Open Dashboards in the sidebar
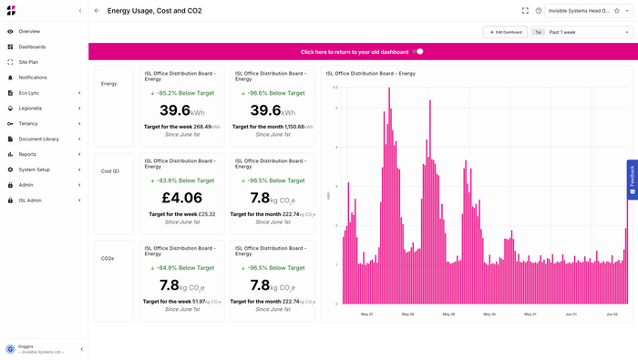[x=32, y=46]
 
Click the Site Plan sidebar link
[x=28, y=62]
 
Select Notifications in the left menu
[x=33, y=77]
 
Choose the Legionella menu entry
[x=30, y=108]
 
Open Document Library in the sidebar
[x=38, y=139]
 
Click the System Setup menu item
[x=34, y=170]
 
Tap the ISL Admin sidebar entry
[x=30, y=200]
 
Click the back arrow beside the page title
[x=98, y=11]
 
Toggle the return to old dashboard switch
[x=418, y=52]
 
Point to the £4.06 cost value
[x=181, y=198]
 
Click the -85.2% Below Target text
[x=181, y=93]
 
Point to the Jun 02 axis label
[x=612, y=314]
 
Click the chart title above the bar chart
[x=369, y=73]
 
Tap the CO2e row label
[x=108, y=258]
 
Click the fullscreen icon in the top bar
[x=525, y=11]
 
